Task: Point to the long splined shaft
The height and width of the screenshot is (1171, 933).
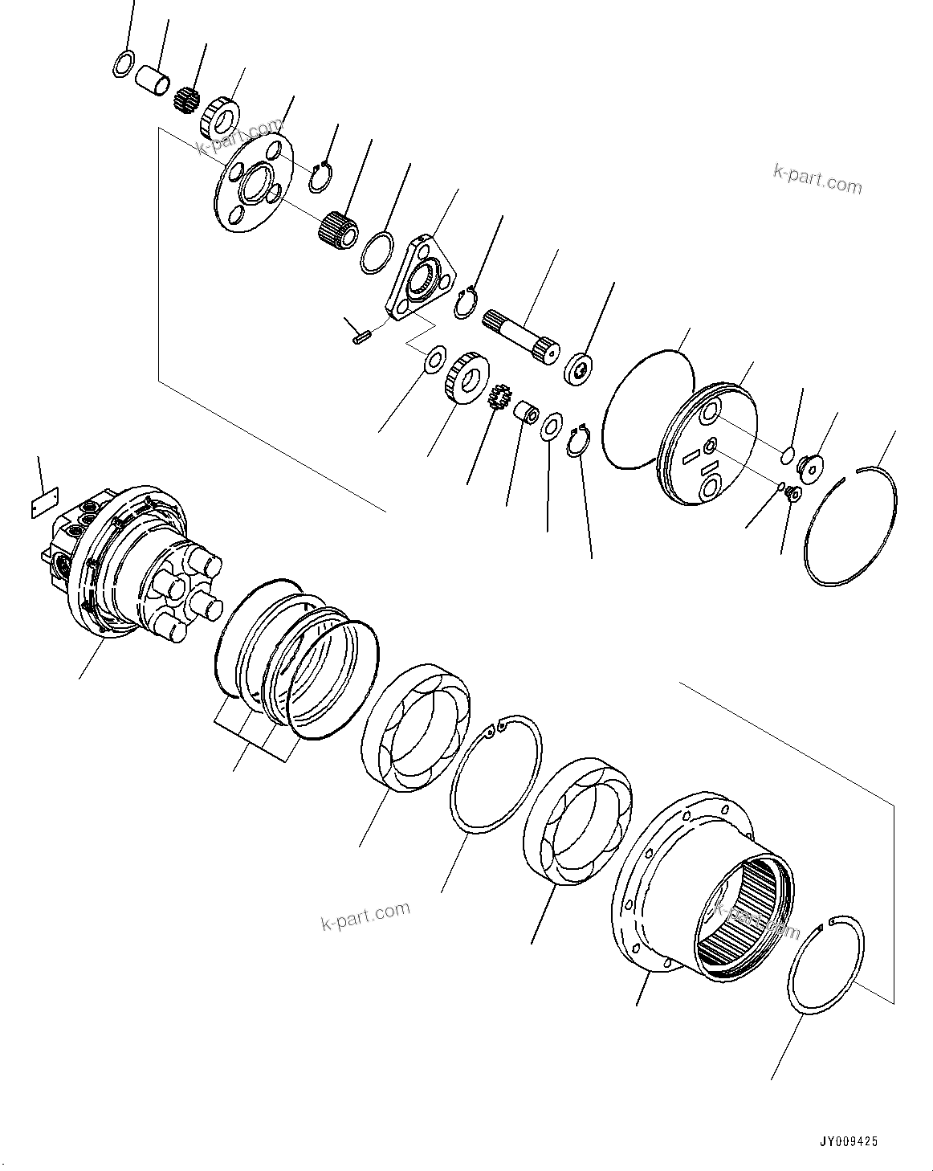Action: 520,337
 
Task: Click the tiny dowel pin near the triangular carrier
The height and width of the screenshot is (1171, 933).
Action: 357,337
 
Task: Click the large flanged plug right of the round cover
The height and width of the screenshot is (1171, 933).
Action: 808,466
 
